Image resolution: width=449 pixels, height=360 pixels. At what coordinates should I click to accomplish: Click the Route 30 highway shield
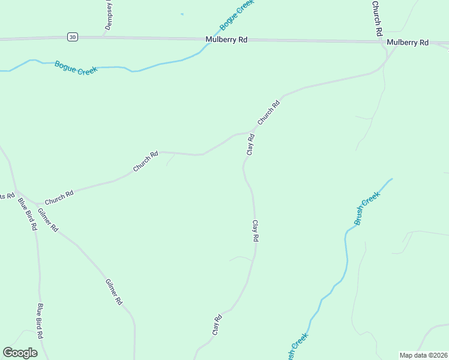(x=73, y=37)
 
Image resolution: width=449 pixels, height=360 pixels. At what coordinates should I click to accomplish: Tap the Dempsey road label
(x=109, y=15)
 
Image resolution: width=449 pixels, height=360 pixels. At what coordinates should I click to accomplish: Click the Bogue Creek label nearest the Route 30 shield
(x=76, y=67)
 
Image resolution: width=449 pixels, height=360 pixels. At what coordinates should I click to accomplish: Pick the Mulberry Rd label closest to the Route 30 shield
(x=226, y=40)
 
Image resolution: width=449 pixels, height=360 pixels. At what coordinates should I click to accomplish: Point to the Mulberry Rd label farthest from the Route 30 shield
(x=408, y=43)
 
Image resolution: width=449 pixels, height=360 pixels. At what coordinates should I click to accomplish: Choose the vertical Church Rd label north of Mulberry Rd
(x=377, y=19)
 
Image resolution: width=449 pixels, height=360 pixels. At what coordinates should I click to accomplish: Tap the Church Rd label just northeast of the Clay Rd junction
(x=269, y=113)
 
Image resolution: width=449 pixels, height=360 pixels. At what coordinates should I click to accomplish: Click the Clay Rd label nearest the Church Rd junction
(x=251, y=145)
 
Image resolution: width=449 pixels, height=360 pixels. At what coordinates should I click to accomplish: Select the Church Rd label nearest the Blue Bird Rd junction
(x=59, y=197)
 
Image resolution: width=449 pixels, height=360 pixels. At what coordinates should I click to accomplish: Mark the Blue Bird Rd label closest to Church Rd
(x=28, y=214)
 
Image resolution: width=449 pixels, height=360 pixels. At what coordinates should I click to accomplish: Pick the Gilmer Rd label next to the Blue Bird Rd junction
(x=47, y=219)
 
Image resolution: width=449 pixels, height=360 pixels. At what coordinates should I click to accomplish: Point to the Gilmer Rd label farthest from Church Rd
(x=113, y=292)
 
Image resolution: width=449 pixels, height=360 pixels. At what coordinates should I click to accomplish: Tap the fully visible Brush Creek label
(x=367, y=209)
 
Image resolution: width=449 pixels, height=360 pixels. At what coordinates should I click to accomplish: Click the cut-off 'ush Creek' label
(x=297, y=348)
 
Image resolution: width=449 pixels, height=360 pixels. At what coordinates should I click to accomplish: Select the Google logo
(x=20, y=353)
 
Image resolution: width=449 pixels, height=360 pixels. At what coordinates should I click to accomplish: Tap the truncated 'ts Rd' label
(x=7, y=196)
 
